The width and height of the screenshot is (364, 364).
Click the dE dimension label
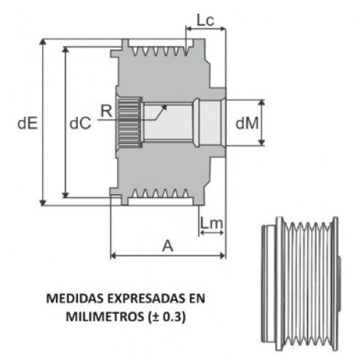coord(28,124)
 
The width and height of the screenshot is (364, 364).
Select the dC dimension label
coord(80,124)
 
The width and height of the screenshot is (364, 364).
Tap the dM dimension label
coord(247,123)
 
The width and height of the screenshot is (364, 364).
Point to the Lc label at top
coord(205,20)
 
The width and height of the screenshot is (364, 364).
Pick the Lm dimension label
coord(211,223)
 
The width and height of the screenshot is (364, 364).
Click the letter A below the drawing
coord(167,245)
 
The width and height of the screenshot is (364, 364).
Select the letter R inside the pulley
coord(106,111)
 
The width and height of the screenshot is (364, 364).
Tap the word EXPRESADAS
coord(146,298)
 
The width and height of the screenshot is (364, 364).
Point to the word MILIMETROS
coord(105,317)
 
